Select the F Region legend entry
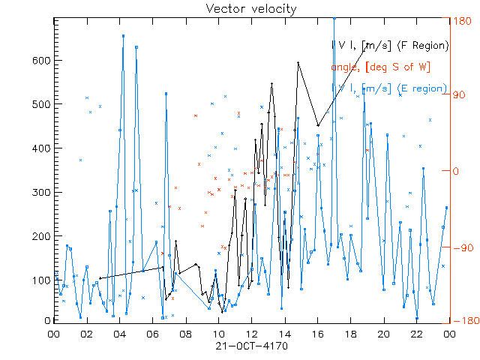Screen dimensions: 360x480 [x=390, y=45]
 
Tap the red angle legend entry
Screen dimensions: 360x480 [x=379, y=67]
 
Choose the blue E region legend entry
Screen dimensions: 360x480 [x=390, y=88]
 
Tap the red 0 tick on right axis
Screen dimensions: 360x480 [x=454, y=171]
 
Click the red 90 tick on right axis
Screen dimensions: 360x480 [x=457, y=95]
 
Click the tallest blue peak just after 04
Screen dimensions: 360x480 [x=123, y=35]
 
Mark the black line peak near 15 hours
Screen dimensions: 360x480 [x=298, y=63]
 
